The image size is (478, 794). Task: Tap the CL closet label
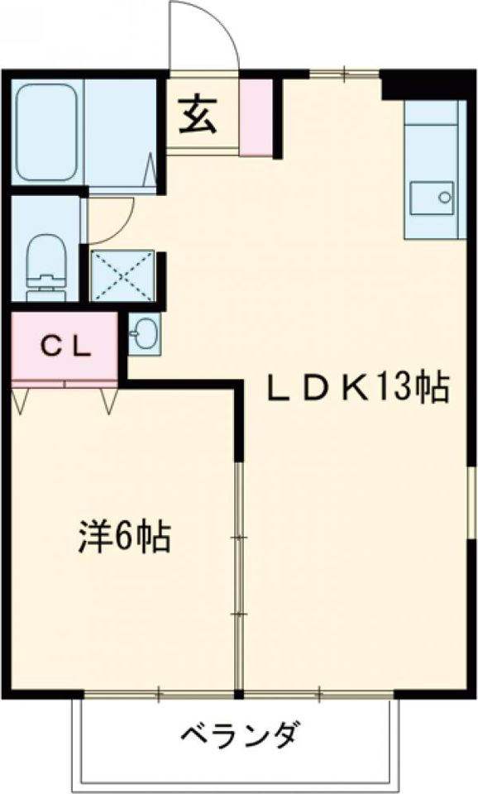[66, 347]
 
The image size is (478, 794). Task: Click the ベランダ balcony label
[238, 735]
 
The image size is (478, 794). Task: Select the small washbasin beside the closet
[145, 333]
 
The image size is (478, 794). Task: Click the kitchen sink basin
[432, 198]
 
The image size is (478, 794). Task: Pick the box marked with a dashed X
[122, 275]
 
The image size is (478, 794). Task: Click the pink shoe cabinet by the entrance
[256, 117]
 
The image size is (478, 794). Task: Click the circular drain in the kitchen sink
[445, 197]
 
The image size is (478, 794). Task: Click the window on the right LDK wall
[471, 502]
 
